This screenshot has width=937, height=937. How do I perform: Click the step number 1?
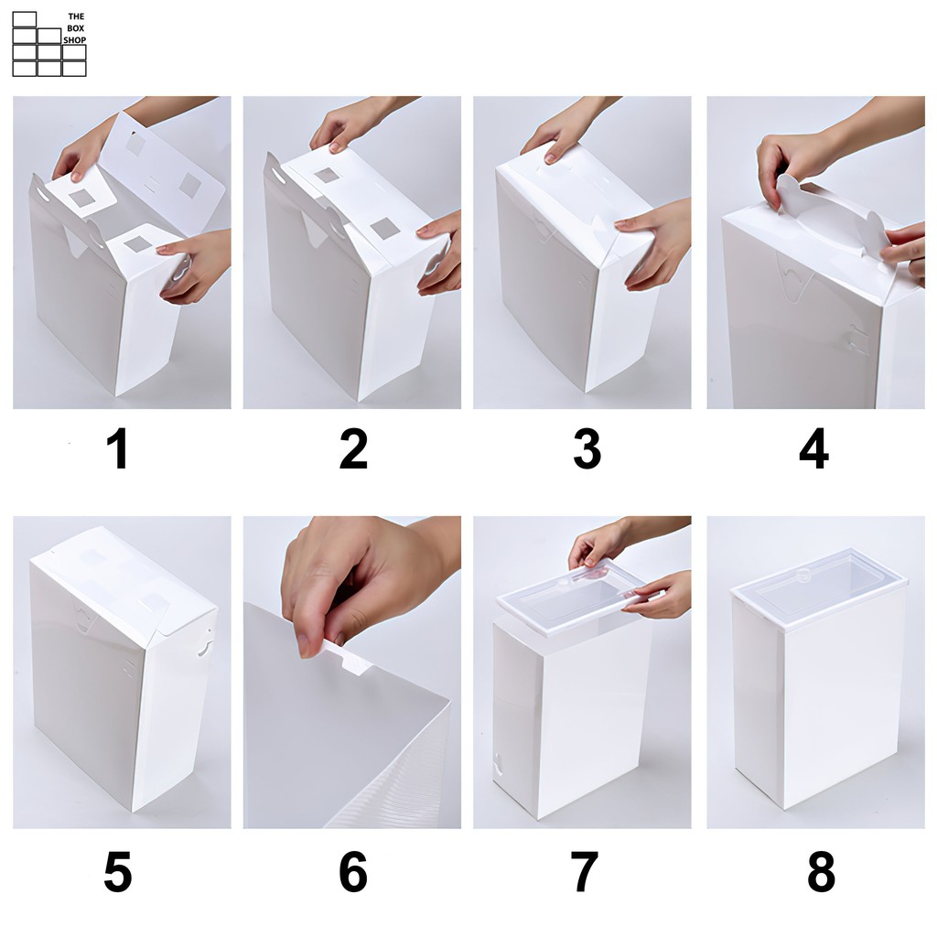point(118,448)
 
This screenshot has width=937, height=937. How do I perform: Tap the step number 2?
point(353,448)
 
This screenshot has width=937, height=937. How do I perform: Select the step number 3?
point(587,448)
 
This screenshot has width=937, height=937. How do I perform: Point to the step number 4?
point(813,448)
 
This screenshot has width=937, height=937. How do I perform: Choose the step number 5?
point(118,871)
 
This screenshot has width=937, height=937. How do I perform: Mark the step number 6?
point(353,871)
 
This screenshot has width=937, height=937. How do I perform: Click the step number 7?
point(585,871)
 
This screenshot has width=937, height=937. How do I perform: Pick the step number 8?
point(821,871)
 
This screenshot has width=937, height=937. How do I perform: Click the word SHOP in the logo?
point(75,40)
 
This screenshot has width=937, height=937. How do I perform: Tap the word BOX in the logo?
point(76,28)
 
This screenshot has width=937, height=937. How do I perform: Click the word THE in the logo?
point(76,16)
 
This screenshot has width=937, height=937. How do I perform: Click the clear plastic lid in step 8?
point(819,588)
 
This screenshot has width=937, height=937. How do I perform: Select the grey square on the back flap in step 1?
point(190,186)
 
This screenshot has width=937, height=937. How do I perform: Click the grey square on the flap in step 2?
point(385,228)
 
